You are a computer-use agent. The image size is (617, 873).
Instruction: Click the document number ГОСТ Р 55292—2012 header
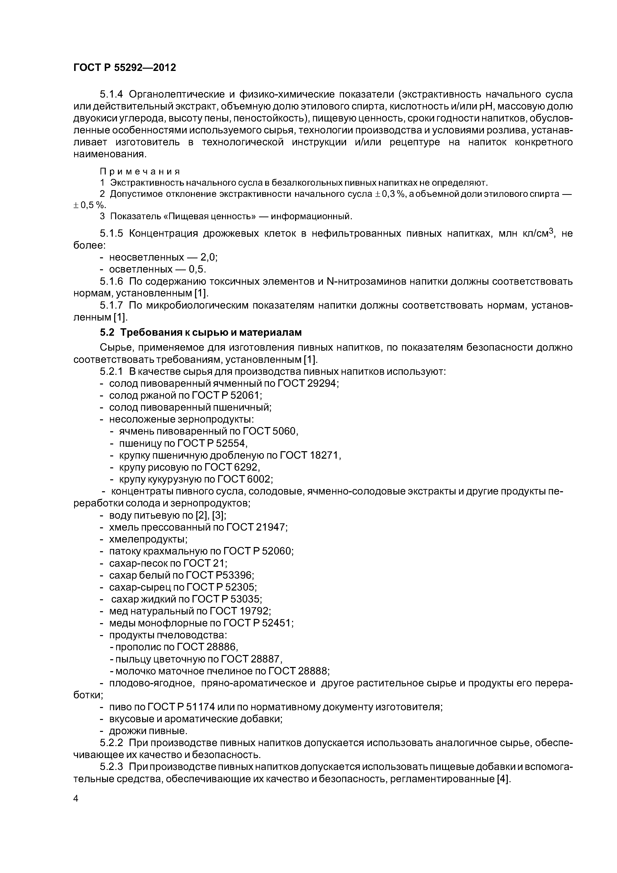pyautogui.click(x=124, y=68)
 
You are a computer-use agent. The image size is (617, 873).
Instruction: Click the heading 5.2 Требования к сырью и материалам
pyautogui.click(x=201, y=332)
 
